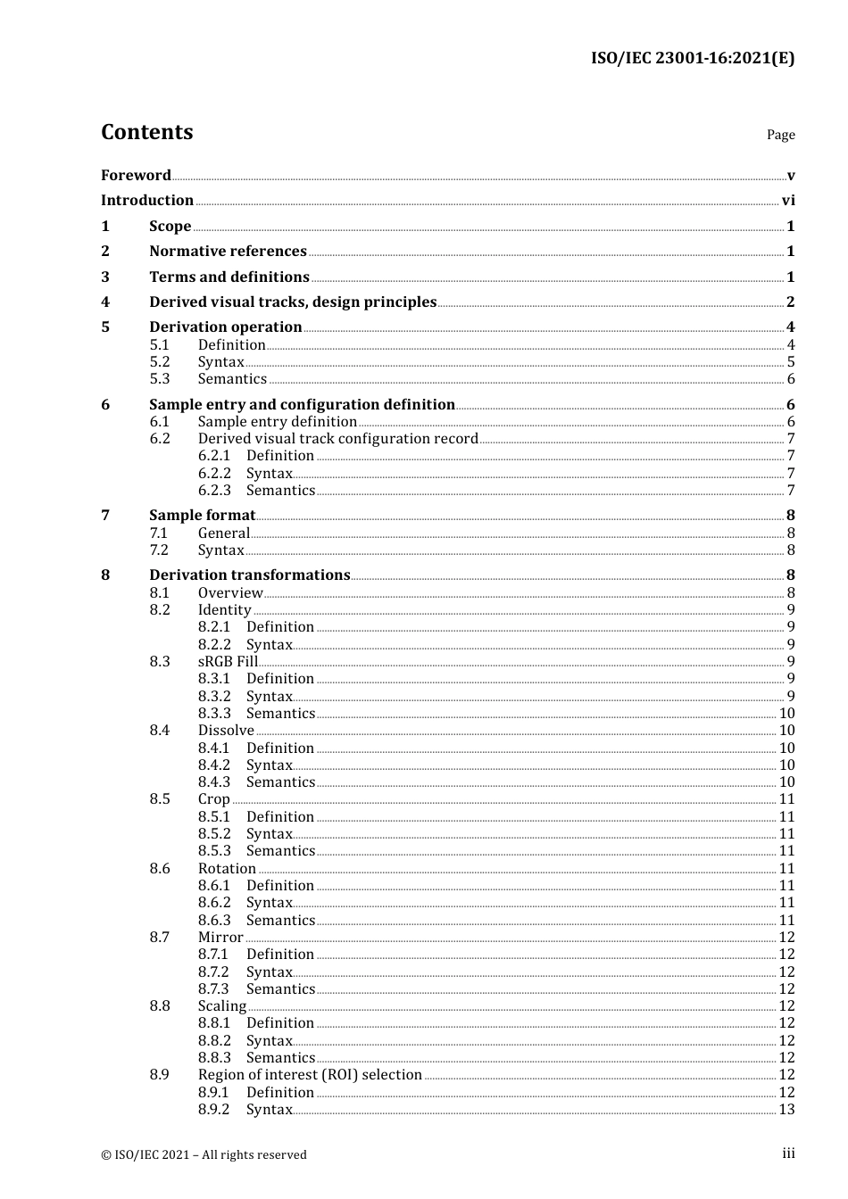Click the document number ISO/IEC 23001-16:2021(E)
tap(692, 59)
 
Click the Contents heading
tap(146, 132)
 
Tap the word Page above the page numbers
tap(780, 135)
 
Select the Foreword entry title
tap(136, 175)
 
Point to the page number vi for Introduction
tap(788, 201)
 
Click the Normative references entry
tap(228, 252)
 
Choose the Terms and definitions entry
tap(229, 277)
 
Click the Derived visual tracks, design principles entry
tap(293, 302)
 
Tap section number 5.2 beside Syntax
tap(160, 362)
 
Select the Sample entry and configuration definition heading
tap(302, 405)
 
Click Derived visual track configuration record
tap(338, 439)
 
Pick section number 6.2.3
tap(214, 491)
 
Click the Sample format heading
tap(202, 516)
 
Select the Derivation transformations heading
tap(249, 575)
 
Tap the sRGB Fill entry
tap(228, 662)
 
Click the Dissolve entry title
tap(226, 731)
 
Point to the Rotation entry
tap(227, 869)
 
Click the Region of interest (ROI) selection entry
tap(310, 1075)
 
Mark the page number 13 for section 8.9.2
tap(786, 1110)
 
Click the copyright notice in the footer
tap(204, 1155)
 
